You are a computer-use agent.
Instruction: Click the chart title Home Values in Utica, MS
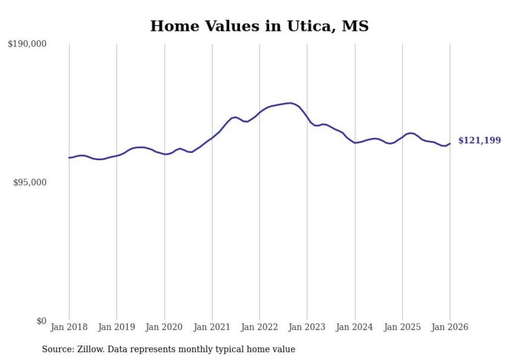click(x=259, y=26)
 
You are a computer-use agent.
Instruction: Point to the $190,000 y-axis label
click(x=27, y=44)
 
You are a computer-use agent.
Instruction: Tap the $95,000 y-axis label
click(x=29, y=182)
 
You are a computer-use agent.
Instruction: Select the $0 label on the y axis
click(x=42, y=321)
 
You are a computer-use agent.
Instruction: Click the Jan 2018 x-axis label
click(x=69, y=327)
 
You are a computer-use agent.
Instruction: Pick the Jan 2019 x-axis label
click(x=116, y=327)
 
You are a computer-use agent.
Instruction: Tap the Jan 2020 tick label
click(x=164, y=327)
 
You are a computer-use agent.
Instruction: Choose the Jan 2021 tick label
click(x=212, y=327)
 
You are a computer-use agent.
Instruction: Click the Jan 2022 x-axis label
click(x=260, y=327)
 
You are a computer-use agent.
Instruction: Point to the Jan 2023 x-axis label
click(x=307, y=327)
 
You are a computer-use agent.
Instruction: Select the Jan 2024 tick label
click(x=355, y=327)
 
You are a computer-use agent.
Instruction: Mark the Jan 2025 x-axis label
click(x=402, y=327)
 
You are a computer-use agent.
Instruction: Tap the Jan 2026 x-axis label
click(x=450, y=327)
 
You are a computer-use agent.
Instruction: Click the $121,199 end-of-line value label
click(x=479, y=140)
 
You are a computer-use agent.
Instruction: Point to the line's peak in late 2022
click(x=291, y=103)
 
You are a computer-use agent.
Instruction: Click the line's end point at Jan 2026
click(x=450, y=144)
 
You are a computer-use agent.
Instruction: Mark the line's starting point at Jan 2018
click(x=69, y=158)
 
